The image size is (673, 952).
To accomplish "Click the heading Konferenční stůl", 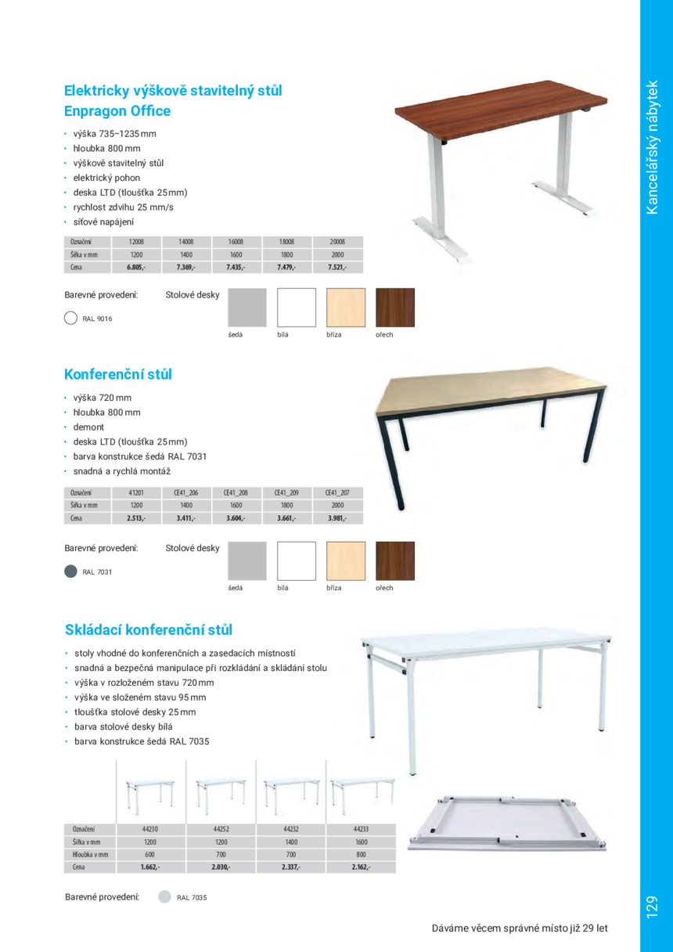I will [118, 374].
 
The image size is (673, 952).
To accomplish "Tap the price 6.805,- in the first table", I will [136, 267].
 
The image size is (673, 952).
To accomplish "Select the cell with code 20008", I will [337, 242].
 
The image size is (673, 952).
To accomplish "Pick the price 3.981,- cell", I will [337, 517].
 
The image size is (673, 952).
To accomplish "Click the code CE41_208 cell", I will [236, 492].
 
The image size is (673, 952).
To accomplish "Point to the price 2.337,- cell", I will [290, 867].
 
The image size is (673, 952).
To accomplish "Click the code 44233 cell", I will [361, 828].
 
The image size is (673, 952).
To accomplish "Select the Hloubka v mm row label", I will [88, 854].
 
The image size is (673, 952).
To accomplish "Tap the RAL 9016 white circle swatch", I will [70, 319].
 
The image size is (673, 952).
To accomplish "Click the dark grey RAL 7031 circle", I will [70, 572].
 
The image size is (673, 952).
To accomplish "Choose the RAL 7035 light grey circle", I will [164, 897].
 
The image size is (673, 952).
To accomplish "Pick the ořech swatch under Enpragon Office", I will [395, 308].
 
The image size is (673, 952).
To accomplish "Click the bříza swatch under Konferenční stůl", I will [345, 561].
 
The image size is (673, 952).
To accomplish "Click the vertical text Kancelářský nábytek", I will [655, 146].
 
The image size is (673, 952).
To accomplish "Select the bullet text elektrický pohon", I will [107, 178].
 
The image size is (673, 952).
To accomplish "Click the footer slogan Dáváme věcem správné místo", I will [520, 929].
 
